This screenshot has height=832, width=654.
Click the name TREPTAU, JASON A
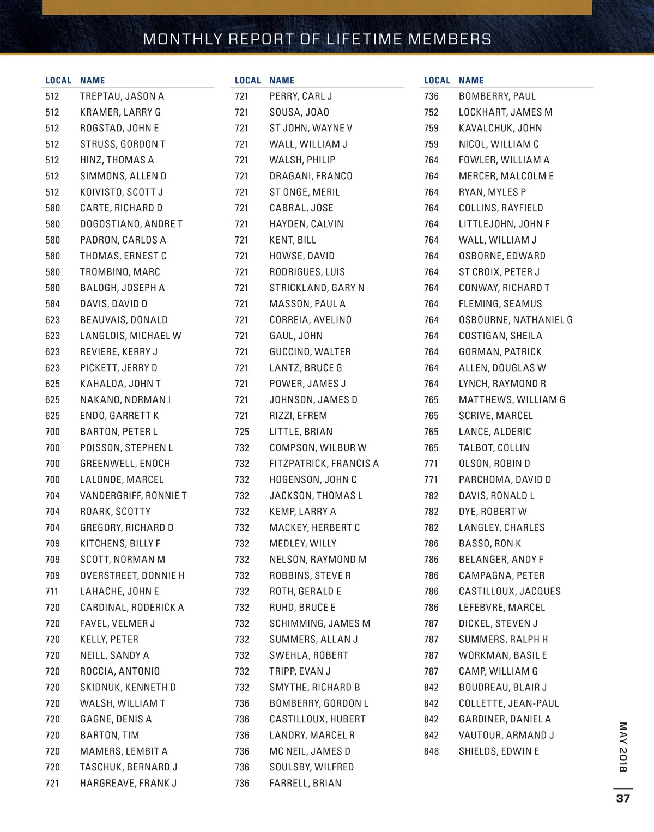pos(122,96)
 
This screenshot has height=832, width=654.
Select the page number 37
pos(623,798)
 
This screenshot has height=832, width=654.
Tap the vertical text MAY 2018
pos(623,747)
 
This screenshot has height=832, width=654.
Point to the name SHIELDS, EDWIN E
pos(499,751)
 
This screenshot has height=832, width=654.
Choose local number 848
pos(431,751)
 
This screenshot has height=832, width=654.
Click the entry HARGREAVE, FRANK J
pos(128,784)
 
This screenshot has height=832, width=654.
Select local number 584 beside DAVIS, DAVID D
pos(52,304)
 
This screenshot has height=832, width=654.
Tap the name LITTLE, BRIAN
pos(301,432)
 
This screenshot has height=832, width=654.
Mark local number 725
pos(241,432)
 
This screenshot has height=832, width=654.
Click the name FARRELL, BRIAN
pos(305,784)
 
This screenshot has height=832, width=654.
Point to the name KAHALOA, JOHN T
pos(120,384)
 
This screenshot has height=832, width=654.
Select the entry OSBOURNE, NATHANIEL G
pos(516,320)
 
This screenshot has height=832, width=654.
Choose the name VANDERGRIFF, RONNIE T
pos(133,496)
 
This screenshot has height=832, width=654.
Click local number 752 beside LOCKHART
pos(431,112)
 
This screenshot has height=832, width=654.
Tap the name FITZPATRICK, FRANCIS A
pos(324,464)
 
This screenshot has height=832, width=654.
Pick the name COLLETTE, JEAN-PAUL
pos(508,703)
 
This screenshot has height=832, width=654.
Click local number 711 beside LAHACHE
pos(52,592)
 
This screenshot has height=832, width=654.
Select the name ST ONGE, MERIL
pos(304,192)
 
